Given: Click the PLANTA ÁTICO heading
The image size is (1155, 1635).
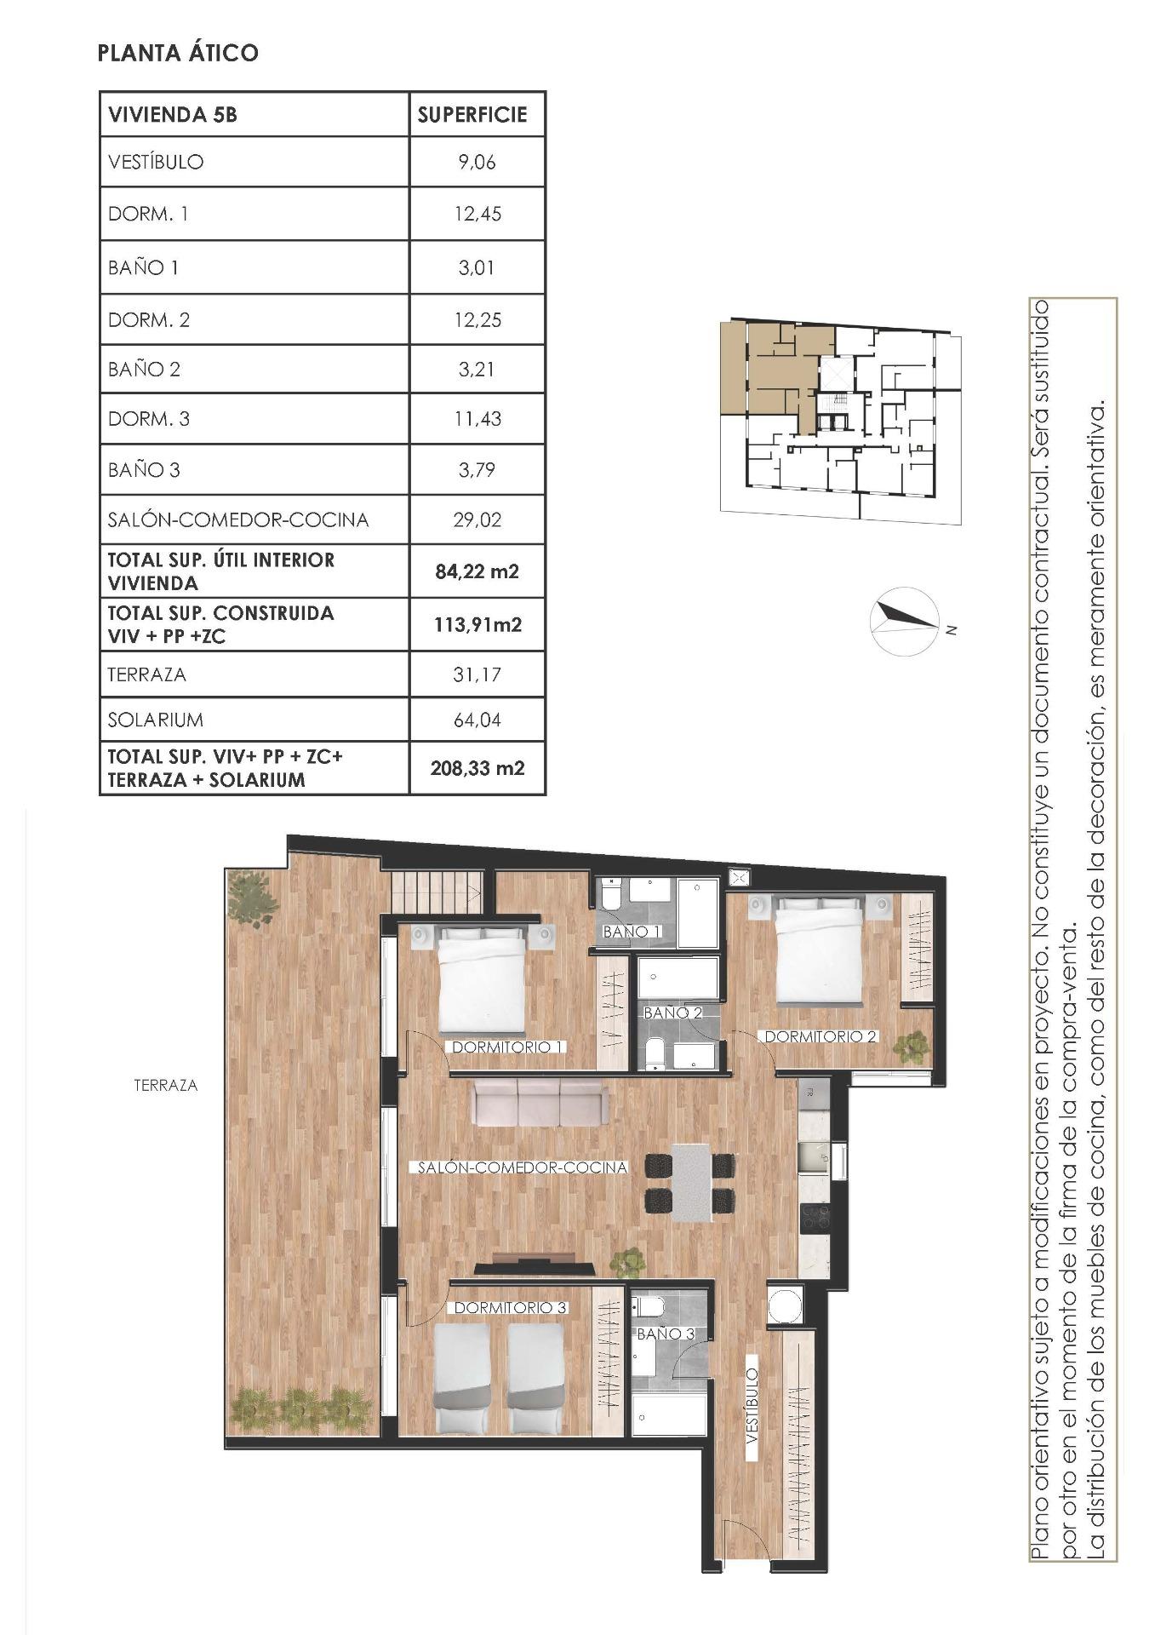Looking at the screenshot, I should (178, 53).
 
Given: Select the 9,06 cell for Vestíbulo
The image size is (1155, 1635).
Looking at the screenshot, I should (477, 162).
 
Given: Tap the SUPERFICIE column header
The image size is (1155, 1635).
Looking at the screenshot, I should (472, 115).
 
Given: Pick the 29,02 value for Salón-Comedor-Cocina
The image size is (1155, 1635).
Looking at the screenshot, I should (477, 519).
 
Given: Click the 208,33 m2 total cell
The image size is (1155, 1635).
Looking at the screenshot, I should (477, 768).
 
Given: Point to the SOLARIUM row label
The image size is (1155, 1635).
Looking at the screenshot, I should (156, 720).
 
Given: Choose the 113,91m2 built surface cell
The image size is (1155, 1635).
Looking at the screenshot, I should (477, 624).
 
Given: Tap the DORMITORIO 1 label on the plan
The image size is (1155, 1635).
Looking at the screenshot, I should (508, 1047).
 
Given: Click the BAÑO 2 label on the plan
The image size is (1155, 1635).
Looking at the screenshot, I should (672, 1013).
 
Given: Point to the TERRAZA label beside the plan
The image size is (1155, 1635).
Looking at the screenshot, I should (166, 1086).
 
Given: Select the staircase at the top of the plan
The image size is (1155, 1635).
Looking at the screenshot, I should (437, 894).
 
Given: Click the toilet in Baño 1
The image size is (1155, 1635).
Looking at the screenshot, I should (611, 897).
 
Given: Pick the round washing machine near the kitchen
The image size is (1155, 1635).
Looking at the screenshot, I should (783, 1305).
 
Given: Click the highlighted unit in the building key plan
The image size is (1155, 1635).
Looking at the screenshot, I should (770, 366).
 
